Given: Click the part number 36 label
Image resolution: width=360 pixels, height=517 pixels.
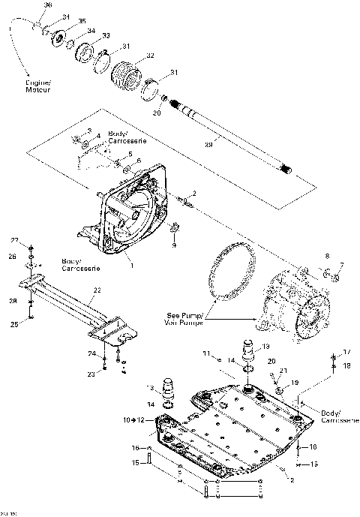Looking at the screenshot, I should click(x=49, y=5).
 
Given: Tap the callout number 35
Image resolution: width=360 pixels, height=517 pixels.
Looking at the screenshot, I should click(x=82, y=21).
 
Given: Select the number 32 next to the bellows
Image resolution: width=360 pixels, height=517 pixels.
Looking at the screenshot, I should click(x=150, y=56).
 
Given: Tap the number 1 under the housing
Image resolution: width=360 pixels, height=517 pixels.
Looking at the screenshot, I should click(x=131, y=265).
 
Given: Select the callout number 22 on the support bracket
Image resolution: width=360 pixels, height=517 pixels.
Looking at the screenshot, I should click(x=97, y=290).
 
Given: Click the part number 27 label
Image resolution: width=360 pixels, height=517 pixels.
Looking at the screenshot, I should click(x=13, y=239).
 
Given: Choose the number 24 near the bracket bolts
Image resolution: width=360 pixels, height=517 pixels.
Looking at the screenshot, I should click(x=91, y=353).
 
